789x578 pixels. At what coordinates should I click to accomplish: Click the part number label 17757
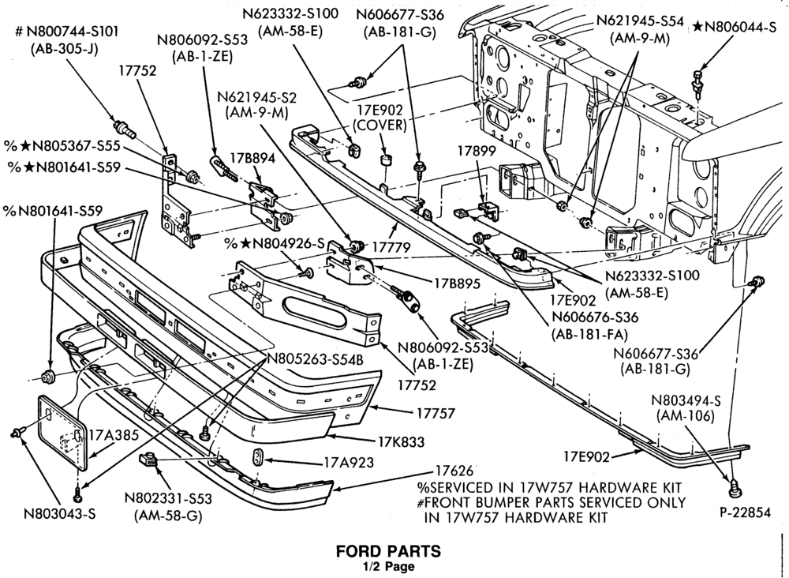436,413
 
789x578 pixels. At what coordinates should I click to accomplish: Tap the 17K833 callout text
402,441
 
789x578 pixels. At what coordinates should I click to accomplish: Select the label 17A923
349,462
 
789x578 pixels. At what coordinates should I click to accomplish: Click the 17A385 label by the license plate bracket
113,435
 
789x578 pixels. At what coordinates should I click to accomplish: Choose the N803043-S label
60,513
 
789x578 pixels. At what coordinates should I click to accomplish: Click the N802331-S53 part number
168,498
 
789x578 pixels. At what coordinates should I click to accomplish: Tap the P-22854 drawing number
745,512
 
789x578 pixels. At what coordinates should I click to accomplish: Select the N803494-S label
686,401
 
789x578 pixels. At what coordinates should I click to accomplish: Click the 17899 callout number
477,151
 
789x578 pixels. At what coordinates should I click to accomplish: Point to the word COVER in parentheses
380,125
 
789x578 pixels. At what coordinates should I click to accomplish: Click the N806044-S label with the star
735,27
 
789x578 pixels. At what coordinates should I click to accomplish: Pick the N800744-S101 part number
67,32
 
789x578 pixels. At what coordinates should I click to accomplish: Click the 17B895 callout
458,283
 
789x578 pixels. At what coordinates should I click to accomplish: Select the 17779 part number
391,247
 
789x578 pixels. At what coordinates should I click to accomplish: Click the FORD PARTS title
388,551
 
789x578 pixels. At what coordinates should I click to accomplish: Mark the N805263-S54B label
315,359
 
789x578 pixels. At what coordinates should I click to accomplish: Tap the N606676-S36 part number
595,317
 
